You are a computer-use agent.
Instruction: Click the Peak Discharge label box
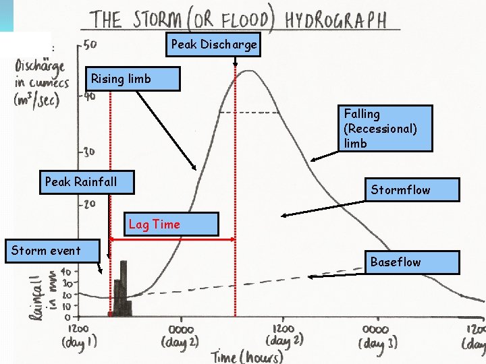coord(214,44)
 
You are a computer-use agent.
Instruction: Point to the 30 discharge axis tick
coord(88,151)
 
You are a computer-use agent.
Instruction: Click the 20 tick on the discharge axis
coord(88,203)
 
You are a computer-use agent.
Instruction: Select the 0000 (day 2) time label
coord(180,335)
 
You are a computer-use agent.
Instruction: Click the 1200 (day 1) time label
coord(80,335)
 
